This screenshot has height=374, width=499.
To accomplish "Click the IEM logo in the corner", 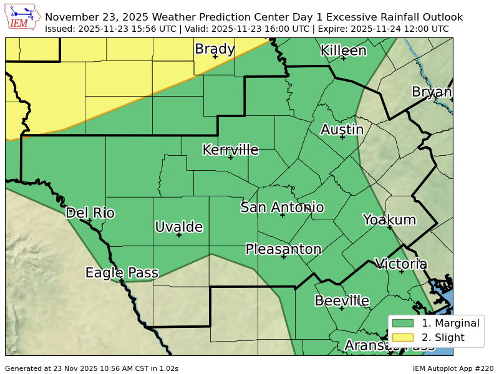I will pyautogui.click(x=23, y=17).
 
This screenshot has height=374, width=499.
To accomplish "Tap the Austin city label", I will pyautogui.click(x=342, y=130).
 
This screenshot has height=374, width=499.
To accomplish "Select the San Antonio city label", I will pyautogui.click(x=282, y=207).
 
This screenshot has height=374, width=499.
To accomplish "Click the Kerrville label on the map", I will pyautogui.click(x=230, y=150).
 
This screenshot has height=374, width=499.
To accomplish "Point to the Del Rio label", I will pyautogui.click(x=90, y=213).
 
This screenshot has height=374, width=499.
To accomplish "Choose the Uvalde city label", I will pyautogui.click(x=178, y=227).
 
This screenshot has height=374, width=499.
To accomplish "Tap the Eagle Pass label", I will pyautogui.click(x=122, y=272).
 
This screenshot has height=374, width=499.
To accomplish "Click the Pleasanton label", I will pyautogui.click(x=283, y=249).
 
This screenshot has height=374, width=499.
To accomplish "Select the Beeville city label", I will pyautogui.click(x=341, y=301).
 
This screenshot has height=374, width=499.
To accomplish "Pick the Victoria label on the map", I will pyautogui.click(x=400, y=264).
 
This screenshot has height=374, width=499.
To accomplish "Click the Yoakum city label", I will pyautogui.click(x=389, y=219).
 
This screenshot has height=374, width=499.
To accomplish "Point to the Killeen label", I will pyautogui.click(x=343, y=50).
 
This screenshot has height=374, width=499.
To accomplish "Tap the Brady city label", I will pyautogui.click(x=215, y=49).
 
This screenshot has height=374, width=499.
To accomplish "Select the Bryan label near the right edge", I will pyautogui.click(x=432, y=92).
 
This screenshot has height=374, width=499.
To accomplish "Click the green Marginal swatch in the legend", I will pyautogui.click(x=403, y=323).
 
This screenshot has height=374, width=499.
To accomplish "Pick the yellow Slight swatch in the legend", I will pyautogui.click(x=403, y=337).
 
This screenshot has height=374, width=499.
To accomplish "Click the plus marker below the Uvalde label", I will pyautogui.click(x=178, y=235).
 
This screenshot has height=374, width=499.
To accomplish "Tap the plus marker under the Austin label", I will pyautogui.click(x=342, y=137).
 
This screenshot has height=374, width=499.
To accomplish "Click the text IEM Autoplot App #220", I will pyautogui.click(x=453, y=368).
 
